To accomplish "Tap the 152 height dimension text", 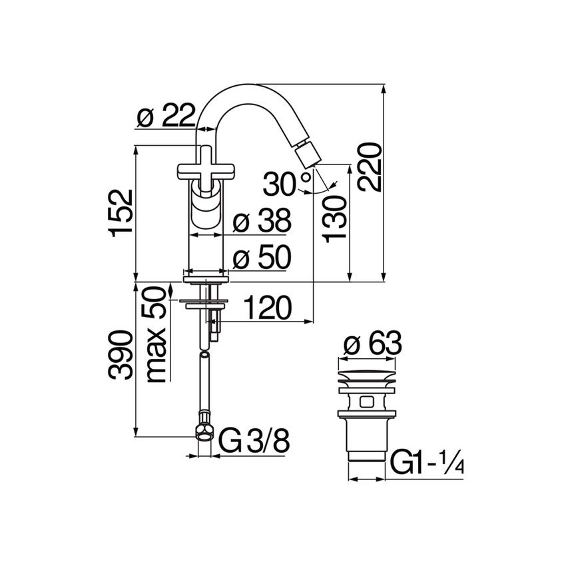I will tap(122, 212).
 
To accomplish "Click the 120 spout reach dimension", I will tap(266, 308).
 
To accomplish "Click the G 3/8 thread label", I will tap(254, 442).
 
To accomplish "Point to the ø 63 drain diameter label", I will tap(373, 344).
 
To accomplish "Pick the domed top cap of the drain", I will tap(368, 373).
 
